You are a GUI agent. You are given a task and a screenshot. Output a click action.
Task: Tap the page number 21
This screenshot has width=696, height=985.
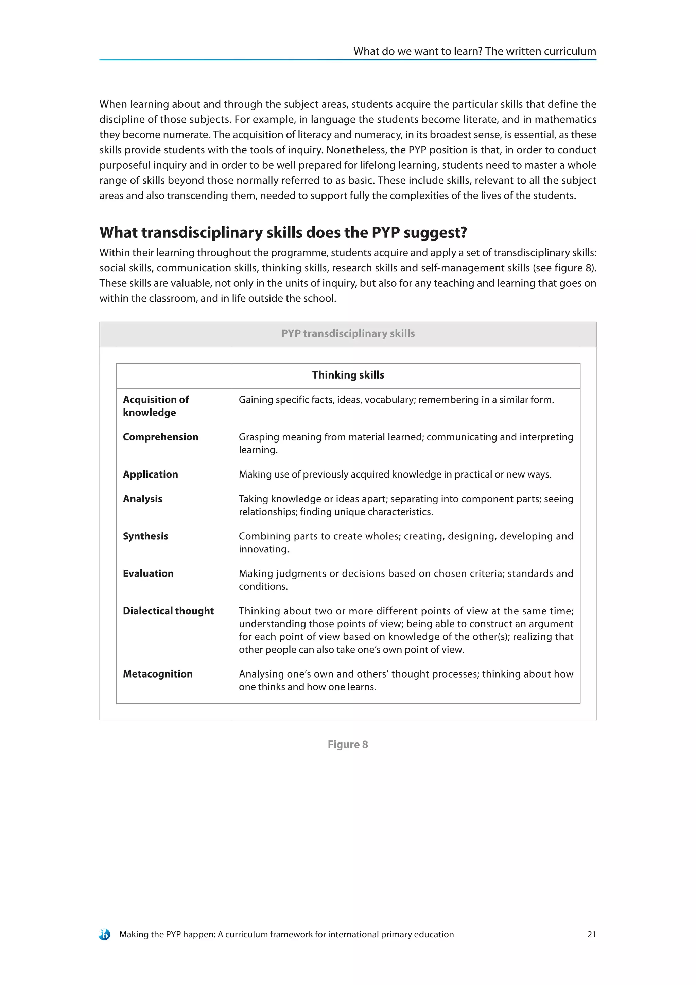pos(591,934)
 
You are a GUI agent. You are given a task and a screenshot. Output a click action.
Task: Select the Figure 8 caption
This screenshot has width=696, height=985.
pos(348,744)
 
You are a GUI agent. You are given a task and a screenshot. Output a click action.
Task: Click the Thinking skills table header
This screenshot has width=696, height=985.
pos(348,375)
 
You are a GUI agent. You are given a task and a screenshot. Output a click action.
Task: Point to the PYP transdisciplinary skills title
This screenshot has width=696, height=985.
pos(348,334)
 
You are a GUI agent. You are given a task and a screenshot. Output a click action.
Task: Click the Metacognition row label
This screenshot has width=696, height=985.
pos(158,674)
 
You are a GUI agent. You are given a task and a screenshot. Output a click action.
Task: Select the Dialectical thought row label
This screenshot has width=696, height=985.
pos(168,611)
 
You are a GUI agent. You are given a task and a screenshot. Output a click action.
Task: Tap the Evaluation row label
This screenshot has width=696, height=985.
pos(148,573)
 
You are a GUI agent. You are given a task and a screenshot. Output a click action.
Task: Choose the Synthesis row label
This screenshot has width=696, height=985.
pos(145,536)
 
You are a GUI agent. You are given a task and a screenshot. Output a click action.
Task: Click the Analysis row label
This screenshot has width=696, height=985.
pos(142,499)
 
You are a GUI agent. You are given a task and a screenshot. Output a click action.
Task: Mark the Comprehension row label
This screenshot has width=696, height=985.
pos(161,437)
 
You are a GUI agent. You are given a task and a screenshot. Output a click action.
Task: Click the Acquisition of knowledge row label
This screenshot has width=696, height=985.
pos(156,406)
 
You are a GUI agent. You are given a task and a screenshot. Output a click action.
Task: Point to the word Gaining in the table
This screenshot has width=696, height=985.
pos(256,400)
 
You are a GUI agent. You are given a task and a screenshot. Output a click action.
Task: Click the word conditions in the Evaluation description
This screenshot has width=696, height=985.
pos(263,587)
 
